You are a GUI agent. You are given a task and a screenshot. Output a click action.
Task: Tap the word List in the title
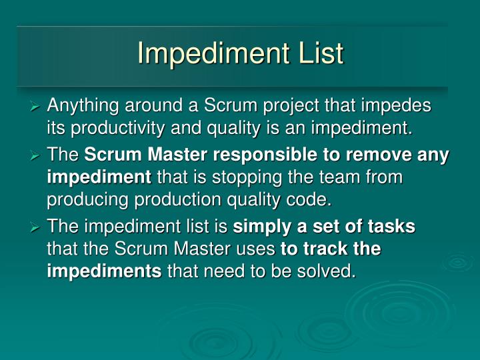click(x=319, y=54)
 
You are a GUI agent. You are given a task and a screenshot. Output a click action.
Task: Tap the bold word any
click(x=433, y=156)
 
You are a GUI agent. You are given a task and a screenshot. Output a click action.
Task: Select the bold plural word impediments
click(x=104, y=271)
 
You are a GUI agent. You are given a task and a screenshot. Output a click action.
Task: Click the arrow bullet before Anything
click(x=37, y=107)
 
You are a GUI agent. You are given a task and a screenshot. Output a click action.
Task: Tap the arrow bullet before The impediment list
click(x=37, y=228)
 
